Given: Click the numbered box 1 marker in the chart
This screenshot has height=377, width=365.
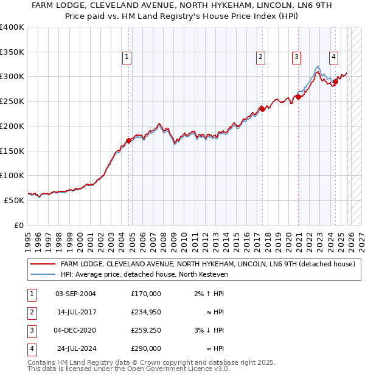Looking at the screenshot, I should [127, 58].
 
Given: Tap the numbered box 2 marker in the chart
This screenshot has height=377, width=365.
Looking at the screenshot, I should [260, 58].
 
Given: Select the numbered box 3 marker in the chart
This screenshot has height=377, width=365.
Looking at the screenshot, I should [296, 58].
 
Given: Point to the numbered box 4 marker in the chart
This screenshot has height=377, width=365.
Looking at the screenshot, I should [334, 58].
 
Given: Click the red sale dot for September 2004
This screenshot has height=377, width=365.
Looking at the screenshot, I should [129, 140].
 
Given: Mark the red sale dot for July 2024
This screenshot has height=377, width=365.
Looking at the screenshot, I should [335, 81].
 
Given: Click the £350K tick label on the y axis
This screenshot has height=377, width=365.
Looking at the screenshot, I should [12, 52].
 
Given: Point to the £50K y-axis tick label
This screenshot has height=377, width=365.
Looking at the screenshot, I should [14, 200].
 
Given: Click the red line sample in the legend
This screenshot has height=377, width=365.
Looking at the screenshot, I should [43, 264].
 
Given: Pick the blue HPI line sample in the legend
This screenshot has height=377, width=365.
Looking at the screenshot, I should [43, 274].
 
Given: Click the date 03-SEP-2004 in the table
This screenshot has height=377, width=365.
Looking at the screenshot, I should [75, 294].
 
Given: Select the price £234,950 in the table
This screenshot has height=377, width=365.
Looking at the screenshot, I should [145, 312].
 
